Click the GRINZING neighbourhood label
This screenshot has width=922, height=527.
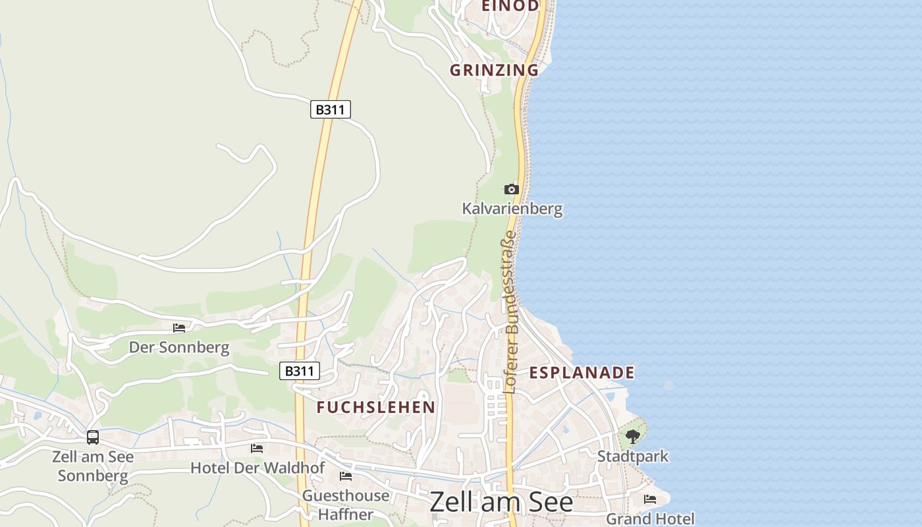point(494,70)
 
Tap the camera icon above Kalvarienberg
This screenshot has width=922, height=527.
point(511,190)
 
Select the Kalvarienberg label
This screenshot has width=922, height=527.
point(512,209)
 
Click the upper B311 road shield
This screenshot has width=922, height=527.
point(330,109)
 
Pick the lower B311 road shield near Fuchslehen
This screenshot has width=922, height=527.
point(300,371)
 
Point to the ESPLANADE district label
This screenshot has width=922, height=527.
point(582,372)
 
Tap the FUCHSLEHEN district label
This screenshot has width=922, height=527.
point(376,407)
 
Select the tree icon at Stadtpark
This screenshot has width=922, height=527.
point(632,436)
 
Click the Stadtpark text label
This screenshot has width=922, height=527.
point(633,456)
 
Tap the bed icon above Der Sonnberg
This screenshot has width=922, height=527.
point(179,327)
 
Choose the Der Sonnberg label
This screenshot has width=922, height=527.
point(179,347)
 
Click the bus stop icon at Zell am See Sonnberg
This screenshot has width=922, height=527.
point(93,437)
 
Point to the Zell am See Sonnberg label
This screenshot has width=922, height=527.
point(93,466)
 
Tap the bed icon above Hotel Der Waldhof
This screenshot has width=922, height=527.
point(257,449)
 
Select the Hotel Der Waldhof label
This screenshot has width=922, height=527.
point(258,468)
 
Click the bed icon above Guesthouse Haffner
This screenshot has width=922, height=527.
point(346,476)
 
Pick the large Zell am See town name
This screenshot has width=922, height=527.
point(501,502)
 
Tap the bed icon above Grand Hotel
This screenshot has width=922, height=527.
point(650,499)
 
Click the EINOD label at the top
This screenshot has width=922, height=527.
point(510,6)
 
